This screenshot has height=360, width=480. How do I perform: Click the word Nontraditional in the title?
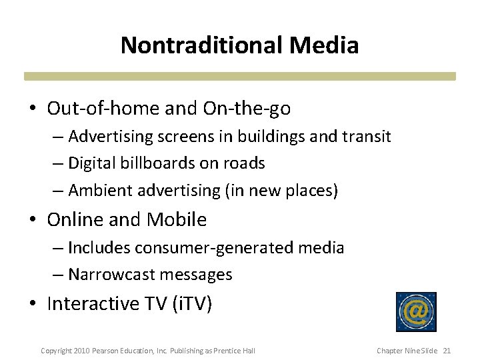point(201,45)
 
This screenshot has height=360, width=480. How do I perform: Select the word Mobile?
point(177,219)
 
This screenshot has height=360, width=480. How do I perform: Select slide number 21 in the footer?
point(447,351)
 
